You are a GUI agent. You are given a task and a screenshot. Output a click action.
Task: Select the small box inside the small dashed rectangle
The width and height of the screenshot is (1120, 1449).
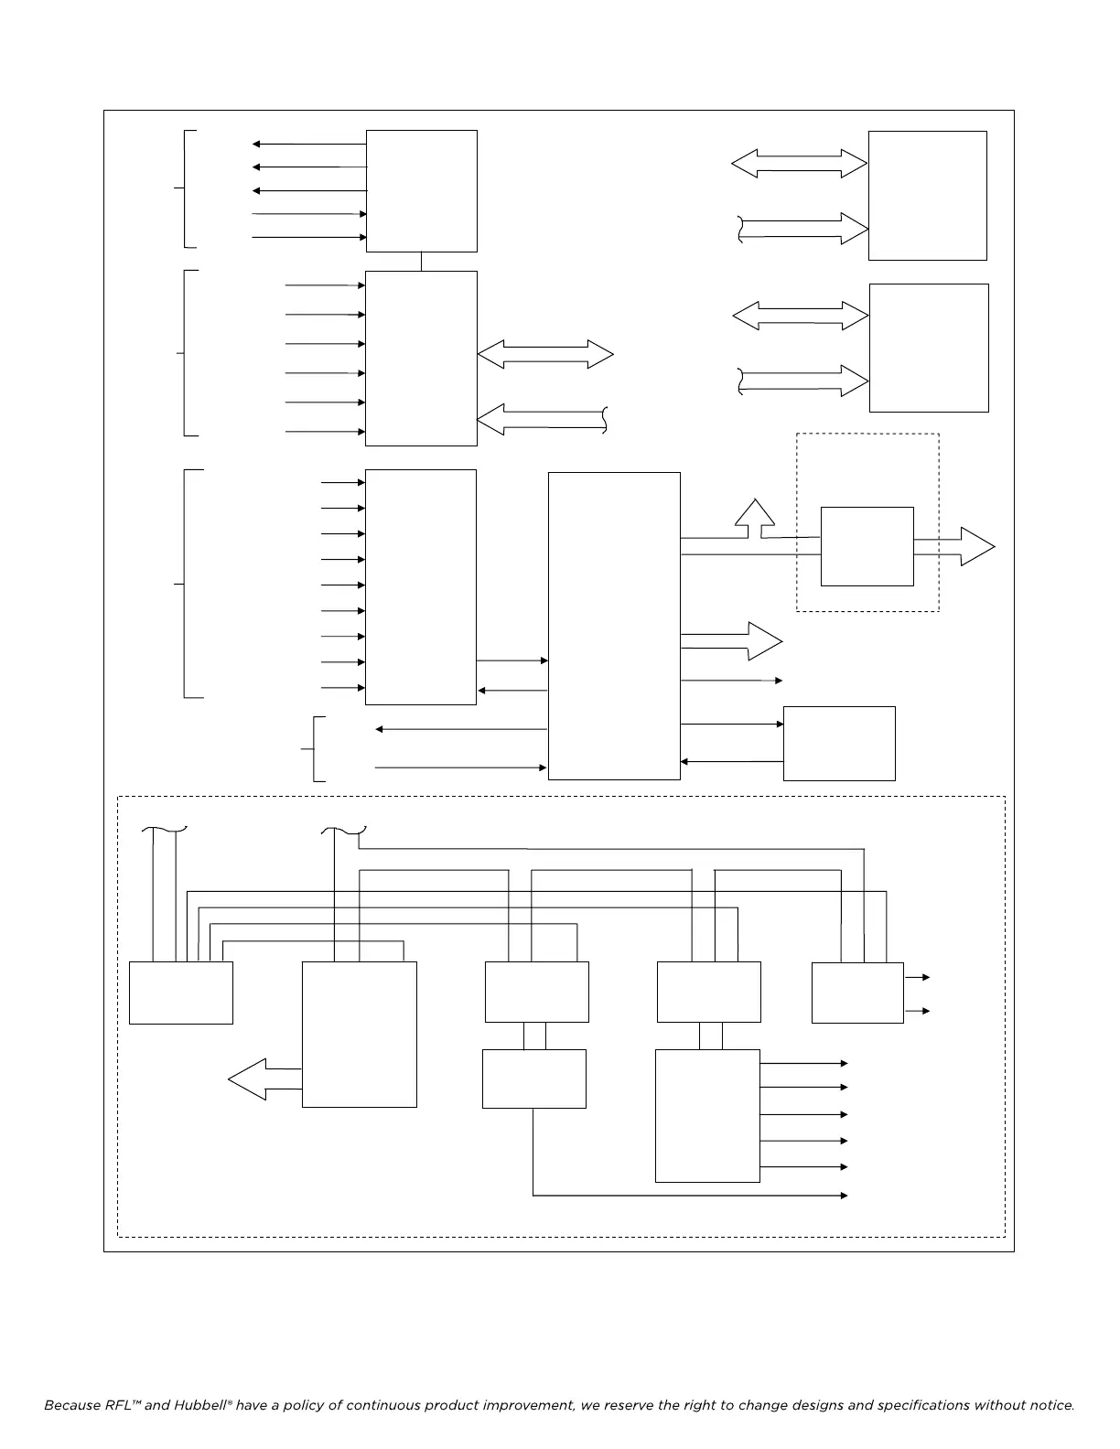point(867,546)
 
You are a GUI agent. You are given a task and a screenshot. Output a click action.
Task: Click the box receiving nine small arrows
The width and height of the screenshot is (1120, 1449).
point(420,586)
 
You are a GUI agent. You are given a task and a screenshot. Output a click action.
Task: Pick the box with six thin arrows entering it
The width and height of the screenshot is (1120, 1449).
point(421,358)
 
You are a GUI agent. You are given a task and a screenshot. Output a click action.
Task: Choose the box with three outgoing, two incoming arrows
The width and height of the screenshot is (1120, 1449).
point(421,190)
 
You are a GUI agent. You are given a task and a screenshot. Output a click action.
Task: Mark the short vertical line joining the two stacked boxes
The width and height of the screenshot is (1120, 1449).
point(421,262)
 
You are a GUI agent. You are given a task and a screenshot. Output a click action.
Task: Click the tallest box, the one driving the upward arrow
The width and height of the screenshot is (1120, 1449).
point(613,626)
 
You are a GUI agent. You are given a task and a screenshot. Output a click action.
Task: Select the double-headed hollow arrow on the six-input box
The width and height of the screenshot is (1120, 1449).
point(545,354)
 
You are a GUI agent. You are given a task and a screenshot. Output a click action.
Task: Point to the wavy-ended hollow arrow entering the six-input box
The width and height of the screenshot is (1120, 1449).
point(542,419)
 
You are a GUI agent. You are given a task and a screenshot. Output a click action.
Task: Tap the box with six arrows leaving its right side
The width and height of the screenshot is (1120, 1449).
point(707,1115)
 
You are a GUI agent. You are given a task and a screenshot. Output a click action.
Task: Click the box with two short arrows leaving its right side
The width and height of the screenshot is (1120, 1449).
point(857,993)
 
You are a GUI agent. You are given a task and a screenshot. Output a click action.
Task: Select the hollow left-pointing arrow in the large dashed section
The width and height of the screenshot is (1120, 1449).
point(264,1079)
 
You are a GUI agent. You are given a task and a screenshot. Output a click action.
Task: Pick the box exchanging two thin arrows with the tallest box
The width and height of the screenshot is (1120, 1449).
point(839,743)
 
